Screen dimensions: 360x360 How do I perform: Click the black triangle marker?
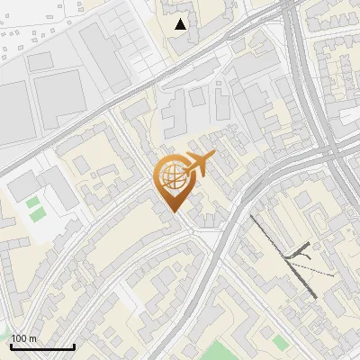[181, 24]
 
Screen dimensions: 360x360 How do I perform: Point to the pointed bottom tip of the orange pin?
[173, 212]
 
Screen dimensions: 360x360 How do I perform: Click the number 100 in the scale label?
[19, 338]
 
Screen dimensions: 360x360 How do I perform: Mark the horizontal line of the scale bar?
[42, 346]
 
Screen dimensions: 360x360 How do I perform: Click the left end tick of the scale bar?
[11, 345]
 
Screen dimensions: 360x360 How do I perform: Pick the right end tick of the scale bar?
[74, 345]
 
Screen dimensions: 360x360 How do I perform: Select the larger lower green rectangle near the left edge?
[37, 216]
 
